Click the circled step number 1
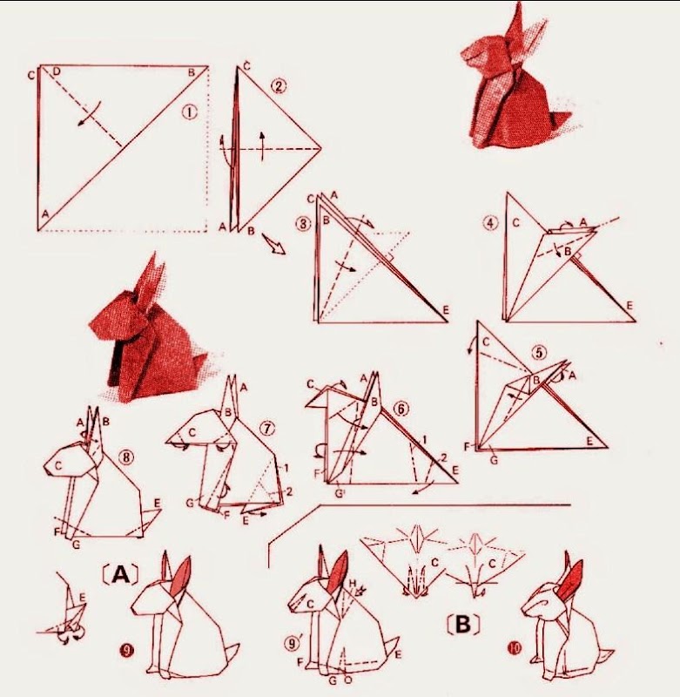point(189,113)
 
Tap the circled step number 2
point(278,85)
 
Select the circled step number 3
point(304,223)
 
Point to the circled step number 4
point(491,223)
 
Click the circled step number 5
point(539,353)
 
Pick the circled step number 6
point(401,409)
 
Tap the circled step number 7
point(267,428)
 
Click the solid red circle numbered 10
point(515,648)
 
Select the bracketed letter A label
point(120,574)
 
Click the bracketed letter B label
point(463,625)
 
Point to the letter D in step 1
point(57,71)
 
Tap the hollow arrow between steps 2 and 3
point(273,244)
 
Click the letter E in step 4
point(630,306)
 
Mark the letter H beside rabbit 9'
point(353,583)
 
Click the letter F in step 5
point(468,446)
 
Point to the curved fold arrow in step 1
point(90,115)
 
